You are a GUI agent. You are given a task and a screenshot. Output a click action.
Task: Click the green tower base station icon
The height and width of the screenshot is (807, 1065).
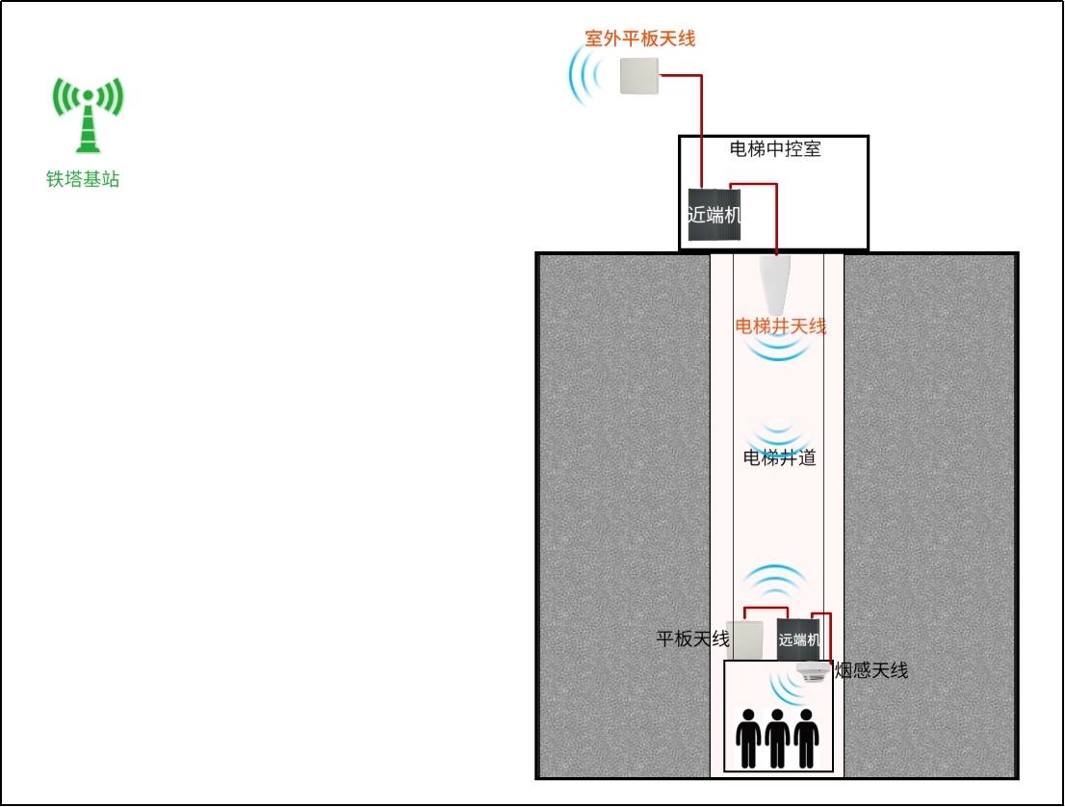point(89,115)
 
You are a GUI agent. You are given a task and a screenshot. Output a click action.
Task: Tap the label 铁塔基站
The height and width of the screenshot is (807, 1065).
point(83,179)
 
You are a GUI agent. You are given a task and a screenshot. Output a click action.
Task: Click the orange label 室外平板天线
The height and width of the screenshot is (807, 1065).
point(639,39)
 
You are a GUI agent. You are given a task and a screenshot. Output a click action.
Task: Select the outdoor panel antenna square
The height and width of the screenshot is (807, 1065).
point(639,75)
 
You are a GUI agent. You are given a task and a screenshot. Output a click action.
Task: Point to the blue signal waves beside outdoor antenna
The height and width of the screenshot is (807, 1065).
point(585,75)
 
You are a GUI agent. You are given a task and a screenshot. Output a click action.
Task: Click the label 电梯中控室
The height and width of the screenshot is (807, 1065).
point(775,148)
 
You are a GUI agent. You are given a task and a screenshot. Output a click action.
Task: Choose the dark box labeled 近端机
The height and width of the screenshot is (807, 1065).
point(714,215)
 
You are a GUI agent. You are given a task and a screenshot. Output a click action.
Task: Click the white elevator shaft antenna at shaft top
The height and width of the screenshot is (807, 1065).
point(774,285)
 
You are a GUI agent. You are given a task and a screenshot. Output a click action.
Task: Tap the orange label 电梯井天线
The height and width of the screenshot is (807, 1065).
point(780,326)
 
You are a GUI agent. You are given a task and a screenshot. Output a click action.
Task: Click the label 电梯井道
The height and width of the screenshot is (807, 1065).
point(779,457)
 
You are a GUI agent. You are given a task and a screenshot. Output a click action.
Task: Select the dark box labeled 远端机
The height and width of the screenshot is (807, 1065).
point(799,639)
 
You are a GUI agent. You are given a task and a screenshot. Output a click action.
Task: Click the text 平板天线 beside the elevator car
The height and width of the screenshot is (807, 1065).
point(692,638)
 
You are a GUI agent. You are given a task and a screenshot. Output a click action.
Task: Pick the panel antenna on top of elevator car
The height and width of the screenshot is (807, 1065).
point(744,639)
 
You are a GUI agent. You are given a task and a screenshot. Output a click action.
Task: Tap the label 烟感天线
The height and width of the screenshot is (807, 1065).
point(871,670)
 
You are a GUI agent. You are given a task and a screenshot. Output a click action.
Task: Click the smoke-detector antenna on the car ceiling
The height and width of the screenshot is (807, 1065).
point(813,672)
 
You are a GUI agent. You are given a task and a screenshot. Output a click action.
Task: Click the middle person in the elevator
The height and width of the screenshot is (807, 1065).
point(777,739)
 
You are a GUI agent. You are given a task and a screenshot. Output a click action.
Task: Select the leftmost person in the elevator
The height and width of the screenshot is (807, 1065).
point(748,739)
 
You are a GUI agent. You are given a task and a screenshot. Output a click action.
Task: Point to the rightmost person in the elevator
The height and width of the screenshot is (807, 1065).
point(806,739)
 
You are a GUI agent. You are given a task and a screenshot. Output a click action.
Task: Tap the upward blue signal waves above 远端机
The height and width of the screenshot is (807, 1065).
point(776,582)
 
